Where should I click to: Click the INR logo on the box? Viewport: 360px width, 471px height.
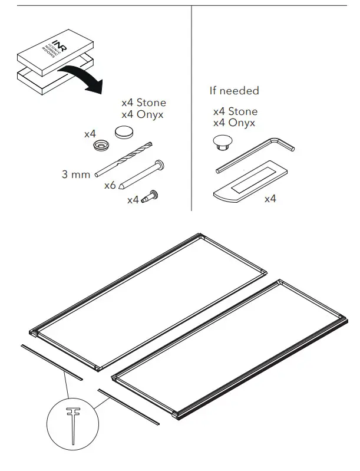pos(58,45)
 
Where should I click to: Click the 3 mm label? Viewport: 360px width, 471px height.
pos(76,174)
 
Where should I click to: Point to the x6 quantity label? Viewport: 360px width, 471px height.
pos(110,186)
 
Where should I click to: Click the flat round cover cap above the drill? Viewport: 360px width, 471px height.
pos(125,131)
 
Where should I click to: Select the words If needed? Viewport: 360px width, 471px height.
pos(234,91)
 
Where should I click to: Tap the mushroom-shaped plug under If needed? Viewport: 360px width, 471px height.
pos(223,142)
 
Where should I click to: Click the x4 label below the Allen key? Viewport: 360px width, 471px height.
pos(270,199)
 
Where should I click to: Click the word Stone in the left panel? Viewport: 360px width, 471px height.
pos(151,103)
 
